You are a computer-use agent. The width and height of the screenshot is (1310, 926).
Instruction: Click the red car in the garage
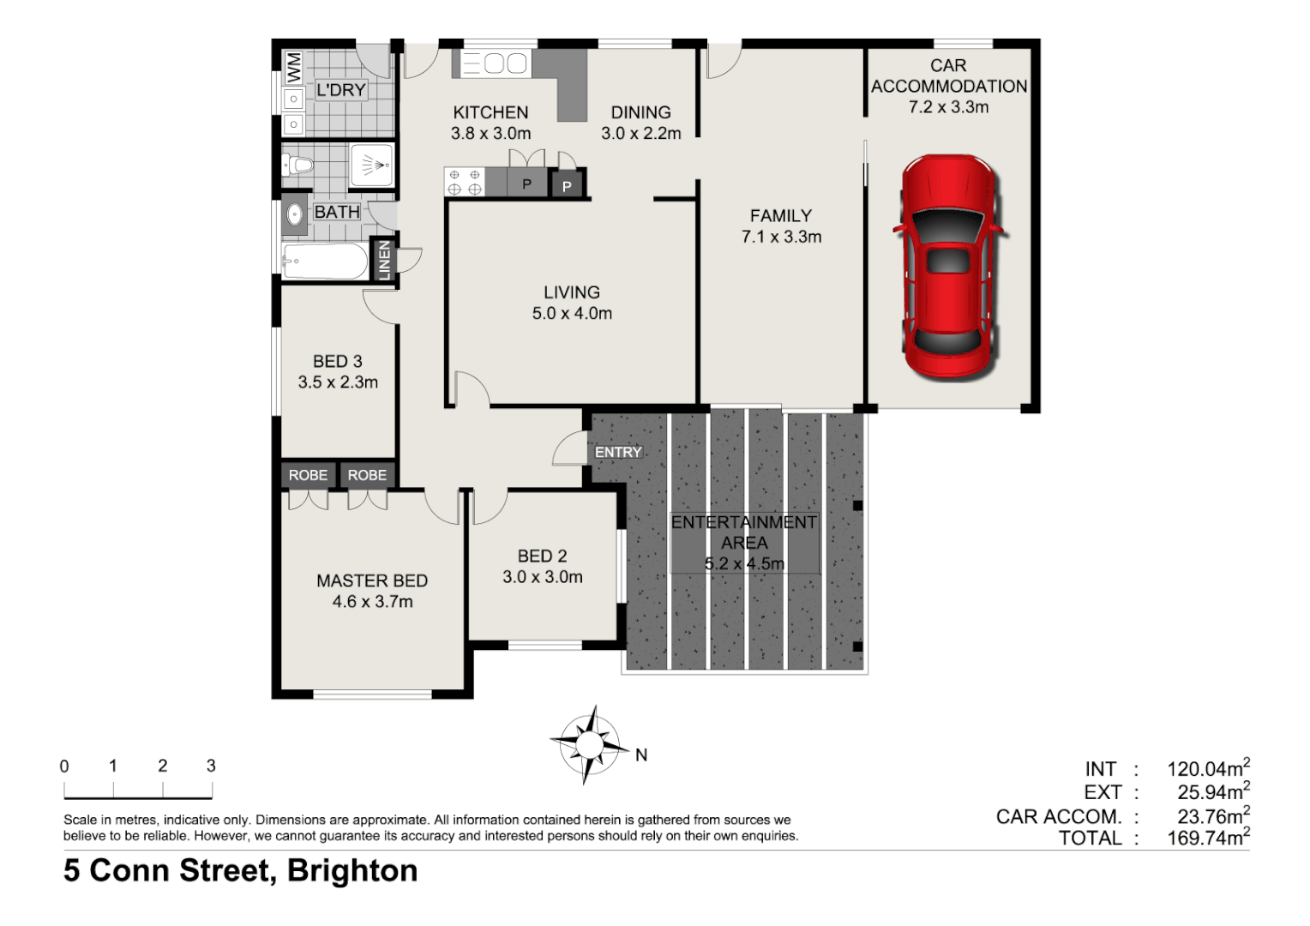tap(948, 266)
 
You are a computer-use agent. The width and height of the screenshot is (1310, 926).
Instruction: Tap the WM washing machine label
tap(294, 68)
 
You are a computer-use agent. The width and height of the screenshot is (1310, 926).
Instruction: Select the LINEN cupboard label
tap(384, 259)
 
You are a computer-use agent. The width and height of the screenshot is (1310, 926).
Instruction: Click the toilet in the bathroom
tap(298, 164)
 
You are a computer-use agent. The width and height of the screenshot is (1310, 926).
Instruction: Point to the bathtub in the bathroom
tap(325, 262)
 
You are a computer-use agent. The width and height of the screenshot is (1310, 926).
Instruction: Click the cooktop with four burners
tap(464, 182)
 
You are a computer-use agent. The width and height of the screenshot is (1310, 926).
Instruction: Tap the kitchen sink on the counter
tap(495, 63)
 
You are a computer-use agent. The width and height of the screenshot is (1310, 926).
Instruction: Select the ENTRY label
tap(618, 452)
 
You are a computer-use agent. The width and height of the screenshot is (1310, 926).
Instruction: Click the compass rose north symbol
tap(590, 743)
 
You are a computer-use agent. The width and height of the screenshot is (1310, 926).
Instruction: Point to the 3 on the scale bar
tap(211, 766)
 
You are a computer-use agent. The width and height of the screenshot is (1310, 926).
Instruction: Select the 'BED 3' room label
tap(337, 361)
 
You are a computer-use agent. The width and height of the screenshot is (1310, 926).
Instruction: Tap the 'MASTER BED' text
tap(372, 580)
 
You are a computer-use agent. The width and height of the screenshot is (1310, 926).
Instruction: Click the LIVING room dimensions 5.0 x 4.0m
tap(572, 314)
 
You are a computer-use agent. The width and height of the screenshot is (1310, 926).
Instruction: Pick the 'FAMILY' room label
tap(780, 216)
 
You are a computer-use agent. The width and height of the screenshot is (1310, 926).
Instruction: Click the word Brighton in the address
tap(352, 870)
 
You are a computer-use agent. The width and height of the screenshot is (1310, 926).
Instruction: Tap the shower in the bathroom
tap(372, 165)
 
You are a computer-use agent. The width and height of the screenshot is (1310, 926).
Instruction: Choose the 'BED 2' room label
tap(542, 556)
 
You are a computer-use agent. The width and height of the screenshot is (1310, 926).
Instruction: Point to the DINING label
tap(640, 112)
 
